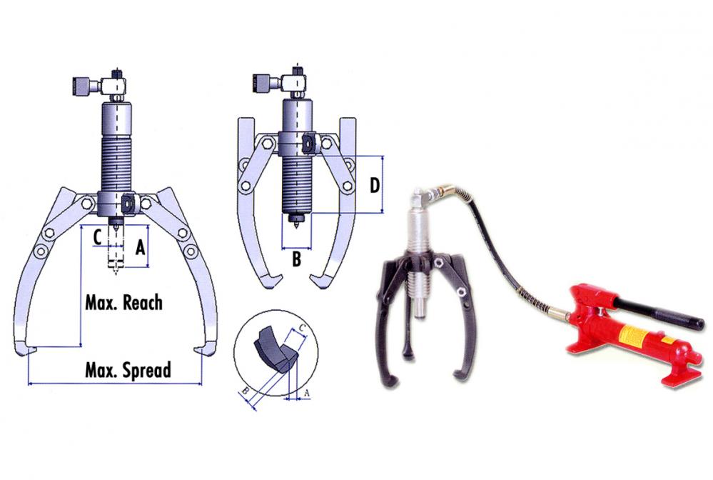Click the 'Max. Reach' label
123,303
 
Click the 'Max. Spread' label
128,370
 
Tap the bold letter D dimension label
374,186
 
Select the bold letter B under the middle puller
296,259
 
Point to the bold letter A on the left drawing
141,247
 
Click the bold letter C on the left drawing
97,237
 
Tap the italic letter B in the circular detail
245,390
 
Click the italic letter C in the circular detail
303,329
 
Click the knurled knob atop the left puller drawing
80,86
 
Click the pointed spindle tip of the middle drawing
296,224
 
